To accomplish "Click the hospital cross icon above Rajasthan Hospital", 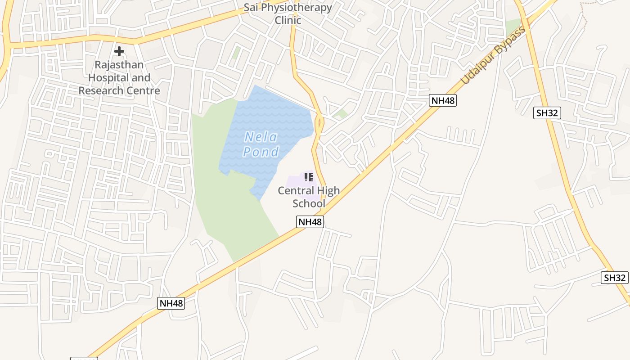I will click(119, 51).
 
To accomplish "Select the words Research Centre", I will click(119, 90).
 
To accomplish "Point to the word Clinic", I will click(288, 20).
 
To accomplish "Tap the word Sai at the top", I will click(252, 8).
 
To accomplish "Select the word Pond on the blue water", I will click(261, 152).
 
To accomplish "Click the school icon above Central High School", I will click(309, 177).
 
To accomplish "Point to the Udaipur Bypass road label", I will click(494, 56).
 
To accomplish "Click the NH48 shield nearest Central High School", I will click(310, 222).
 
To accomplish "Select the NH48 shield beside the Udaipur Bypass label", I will click(443, 100).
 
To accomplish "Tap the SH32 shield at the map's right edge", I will click(615, 278).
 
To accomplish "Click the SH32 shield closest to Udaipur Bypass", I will click(547, 113).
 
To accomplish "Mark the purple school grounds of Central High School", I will click(295, 180).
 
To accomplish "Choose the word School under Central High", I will click(309, 203).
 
